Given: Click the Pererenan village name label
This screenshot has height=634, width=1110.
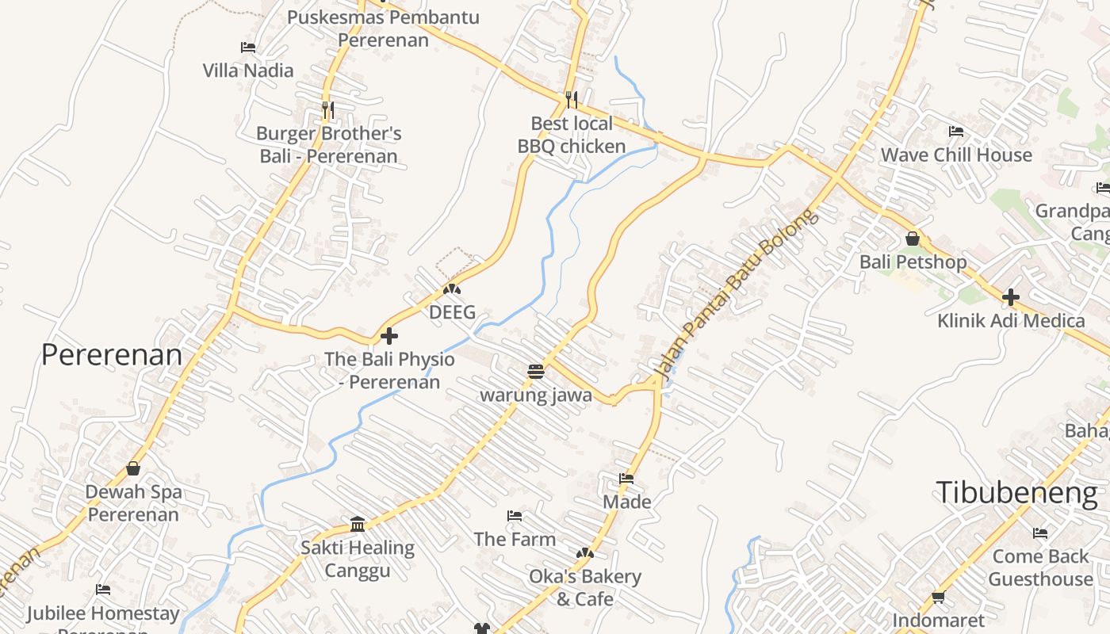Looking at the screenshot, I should click(112, 355).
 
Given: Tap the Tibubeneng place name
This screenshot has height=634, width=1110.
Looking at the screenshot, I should click(1016, 493).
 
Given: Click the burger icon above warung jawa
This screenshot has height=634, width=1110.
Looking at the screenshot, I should click(536, 372).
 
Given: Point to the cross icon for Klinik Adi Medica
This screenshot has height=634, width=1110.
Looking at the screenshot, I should click(1010, 298).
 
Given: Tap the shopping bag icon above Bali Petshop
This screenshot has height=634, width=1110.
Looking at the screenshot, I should click(913, 239).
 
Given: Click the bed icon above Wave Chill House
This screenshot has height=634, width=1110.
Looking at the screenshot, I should click(956, 132).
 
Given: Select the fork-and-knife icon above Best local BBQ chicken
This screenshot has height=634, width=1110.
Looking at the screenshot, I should click(571, 100).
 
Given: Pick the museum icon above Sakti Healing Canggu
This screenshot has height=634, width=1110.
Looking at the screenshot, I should click(358, 524).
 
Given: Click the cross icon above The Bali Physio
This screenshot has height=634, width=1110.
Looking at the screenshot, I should click(388, 335).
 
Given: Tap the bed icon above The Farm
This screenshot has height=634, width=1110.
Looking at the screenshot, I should click(515, 516).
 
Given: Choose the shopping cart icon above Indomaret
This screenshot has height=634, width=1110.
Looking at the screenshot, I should click(938, 597).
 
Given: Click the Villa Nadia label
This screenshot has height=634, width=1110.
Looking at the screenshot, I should click(248, 71).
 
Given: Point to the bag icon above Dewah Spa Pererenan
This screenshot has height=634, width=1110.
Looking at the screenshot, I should click(133, 468).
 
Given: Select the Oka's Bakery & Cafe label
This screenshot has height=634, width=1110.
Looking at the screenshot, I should click(585, 587).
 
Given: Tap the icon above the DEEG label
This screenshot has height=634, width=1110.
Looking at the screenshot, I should click(452, 289).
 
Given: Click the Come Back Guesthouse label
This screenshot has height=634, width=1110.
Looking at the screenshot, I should click(1040, 567).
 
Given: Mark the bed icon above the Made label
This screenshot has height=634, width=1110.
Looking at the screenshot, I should click(626, 479).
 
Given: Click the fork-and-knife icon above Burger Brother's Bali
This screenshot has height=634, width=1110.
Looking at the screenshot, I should click(328, 109).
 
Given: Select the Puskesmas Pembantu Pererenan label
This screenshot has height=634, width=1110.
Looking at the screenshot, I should click(383, 29).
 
